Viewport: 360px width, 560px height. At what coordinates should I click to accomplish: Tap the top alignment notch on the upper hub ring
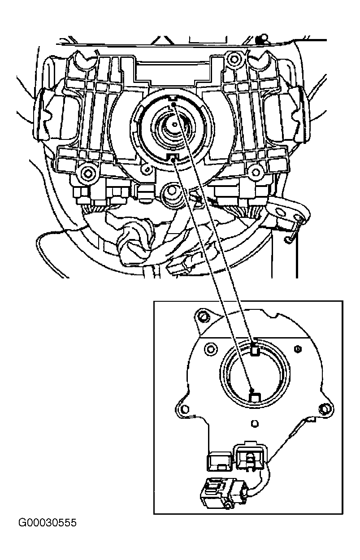click(x=173, y=98)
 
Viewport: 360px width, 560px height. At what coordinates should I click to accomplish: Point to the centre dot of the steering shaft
click(x=174, y=124)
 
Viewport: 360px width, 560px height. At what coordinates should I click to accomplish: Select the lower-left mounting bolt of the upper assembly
click(x=88, y=173)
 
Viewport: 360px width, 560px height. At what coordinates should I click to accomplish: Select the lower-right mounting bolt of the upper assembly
click(x=256, y=172)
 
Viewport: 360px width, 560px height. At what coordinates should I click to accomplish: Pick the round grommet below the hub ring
click(x=172, y=191)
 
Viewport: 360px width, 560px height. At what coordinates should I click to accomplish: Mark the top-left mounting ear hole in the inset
click(x=204, y=317)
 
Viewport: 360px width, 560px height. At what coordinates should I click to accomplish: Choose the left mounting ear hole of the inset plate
click(x=185, y=409)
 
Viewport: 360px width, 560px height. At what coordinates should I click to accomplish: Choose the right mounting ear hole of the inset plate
click(x=324, y=408)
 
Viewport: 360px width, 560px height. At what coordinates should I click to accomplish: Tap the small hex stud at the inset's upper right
click(x=298, y=349)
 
